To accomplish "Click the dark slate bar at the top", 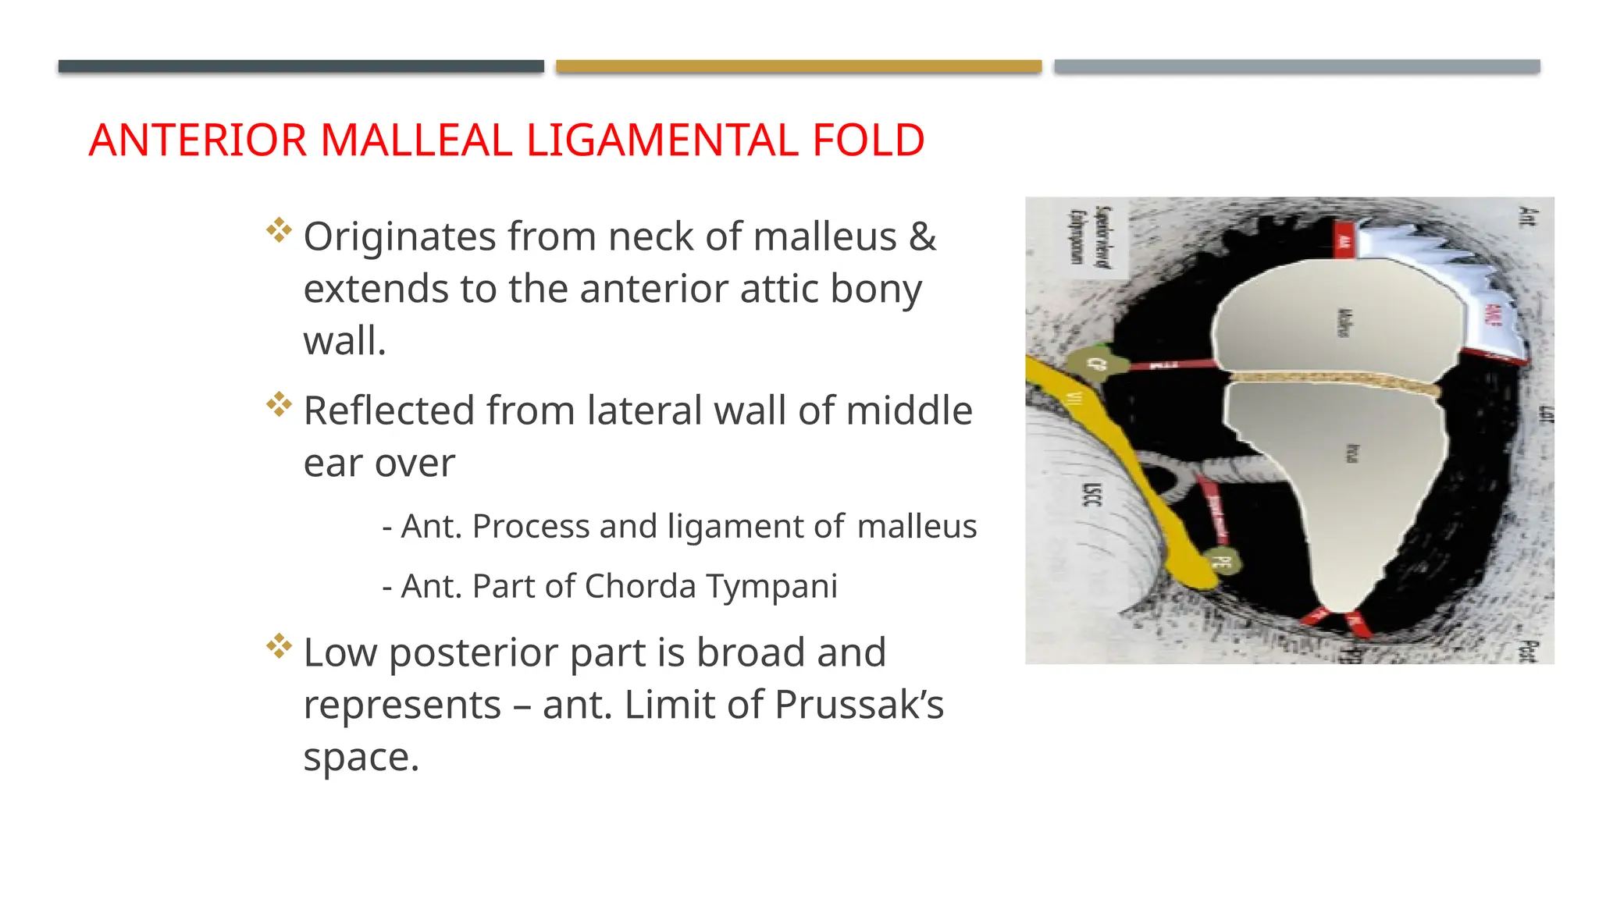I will pyautogui.click(x=301, y=66).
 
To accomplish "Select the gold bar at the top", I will pyautogui.click(x=799, y=66).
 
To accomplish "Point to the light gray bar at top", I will pyautogui.click(x=1297, y=66).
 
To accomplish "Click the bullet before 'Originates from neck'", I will pyautogui.click(x=279, y=230).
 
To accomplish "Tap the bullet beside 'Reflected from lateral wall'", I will pyautogui.click(x=279, y=404).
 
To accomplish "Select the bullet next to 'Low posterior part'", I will pyautogui.click(x=279, y=646).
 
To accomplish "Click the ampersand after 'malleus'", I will pyautogui.click(x=922, y=236).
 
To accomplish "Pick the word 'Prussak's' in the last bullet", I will pyautogui.click(x=860, y=705).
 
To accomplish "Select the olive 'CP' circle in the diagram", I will pyautogui.click(x=1097, y=364).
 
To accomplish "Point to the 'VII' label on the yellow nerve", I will pyautogui.click(x=1075, y=399).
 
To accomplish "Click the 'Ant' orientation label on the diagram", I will pyautogui.click(x=1526, y=215).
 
